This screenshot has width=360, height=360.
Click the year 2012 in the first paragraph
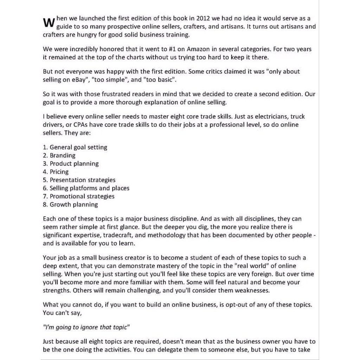(x=205, y=18)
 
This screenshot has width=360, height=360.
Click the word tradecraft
(x=133, y=235)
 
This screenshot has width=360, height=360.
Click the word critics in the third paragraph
(x=213, y=71)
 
